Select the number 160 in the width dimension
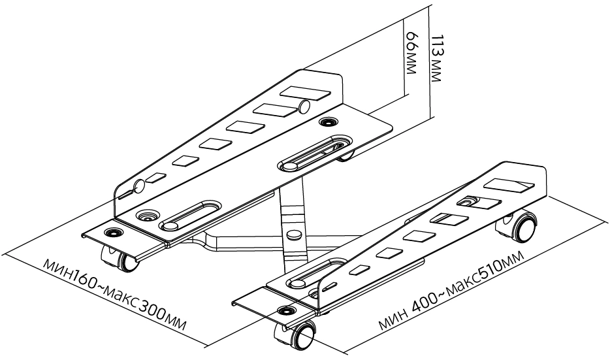88,282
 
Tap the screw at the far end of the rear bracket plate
327,122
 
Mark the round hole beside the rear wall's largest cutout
304,106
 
